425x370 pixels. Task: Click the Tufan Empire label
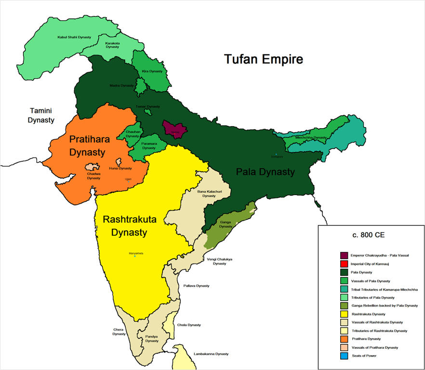264,59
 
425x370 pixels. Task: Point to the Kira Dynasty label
152,71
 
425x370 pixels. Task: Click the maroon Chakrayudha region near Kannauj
174,130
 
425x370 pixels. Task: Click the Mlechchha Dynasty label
311,137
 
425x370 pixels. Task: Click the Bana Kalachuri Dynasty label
209,194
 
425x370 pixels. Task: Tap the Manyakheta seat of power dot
135,256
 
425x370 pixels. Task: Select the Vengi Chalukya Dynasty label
220,261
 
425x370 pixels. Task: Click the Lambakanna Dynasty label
211,354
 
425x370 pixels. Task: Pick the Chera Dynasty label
119,331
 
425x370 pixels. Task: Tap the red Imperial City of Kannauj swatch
344,264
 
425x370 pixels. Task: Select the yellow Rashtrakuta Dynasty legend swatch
344,314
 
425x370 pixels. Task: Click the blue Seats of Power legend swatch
344,356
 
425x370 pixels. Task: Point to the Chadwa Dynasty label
93,176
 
